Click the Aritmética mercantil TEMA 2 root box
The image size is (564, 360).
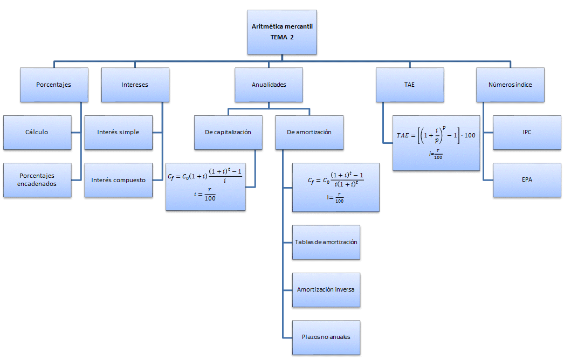[x=282, y=32]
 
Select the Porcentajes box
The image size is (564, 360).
[x=53, y=85]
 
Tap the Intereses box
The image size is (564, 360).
[x=135, y=85]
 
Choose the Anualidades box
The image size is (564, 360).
[x=269, y=85]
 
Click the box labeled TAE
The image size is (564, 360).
[x=410, y=85]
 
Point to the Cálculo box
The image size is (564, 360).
[x=37, y=132]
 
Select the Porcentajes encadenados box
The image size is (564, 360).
[x=37, y=179]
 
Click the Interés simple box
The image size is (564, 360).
[x=118, y=132]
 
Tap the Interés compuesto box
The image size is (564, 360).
[x=118, y=179]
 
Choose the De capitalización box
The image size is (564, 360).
[x=228, y=132]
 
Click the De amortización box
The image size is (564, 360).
[x=309, y=132]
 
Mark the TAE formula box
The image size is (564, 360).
[x=436, y=143]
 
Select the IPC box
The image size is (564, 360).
[x=527, y=132]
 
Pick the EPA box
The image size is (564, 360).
[x=527, y=179]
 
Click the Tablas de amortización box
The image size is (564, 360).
[x=326, y=242]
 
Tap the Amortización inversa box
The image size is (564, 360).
[x=326, y=289]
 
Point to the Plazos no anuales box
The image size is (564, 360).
[x=326, y=337]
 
